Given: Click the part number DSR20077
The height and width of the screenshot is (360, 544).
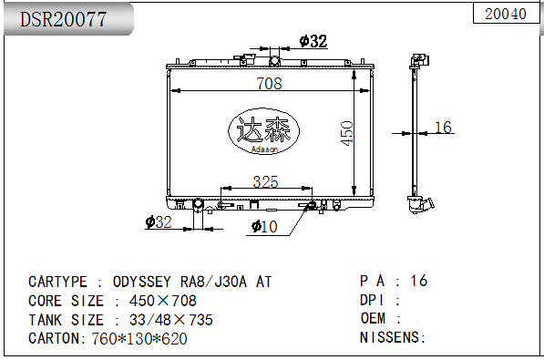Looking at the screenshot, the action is [63, 19].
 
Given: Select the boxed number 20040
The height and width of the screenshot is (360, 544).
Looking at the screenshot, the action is [506, 14].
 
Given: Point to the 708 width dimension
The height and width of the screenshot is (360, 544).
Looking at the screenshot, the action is [269, 83].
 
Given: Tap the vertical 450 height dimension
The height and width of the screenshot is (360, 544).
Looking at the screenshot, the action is [346, 133].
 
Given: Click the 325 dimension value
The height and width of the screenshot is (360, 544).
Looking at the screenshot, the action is [265, 181].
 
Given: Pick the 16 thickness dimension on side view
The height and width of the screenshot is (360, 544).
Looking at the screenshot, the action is [443, 128].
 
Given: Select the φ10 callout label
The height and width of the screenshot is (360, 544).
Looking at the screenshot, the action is [264, 227].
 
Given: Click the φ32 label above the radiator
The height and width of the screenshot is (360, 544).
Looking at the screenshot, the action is [313, 41].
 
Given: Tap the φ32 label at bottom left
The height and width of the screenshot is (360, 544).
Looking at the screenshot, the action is [159, 221].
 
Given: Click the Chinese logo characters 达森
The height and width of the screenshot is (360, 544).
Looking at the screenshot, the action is [263, 129].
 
